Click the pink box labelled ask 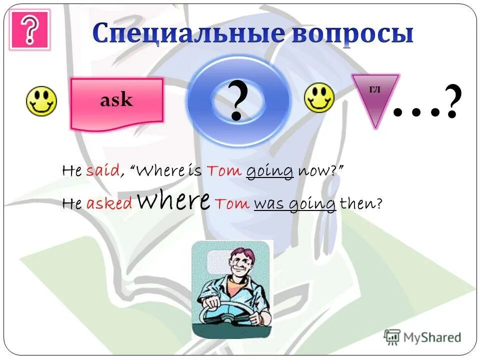point(117,100)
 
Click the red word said point(102,171)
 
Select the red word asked point(109,203)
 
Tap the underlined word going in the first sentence point(269,171)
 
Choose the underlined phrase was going point(294,203)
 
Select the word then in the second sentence point(357,203)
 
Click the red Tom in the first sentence point(223,171)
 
